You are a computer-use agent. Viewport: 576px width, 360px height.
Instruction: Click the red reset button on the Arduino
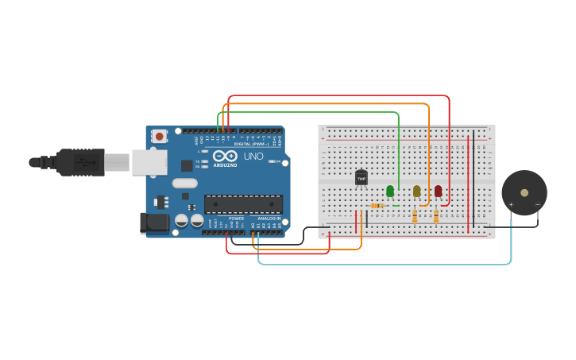coord(160,136)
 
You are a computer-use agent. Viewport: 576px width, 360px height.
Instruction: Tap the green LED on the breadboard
coord(389,191)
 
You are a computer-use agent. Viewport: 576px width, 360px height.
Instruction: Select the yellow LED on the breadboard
coord(416,191)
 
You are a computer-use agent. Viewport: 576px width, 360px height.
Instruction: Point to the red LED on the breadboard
coord(438,191)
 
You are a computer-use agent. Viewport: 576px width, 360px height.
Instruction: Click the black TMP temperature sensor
coord(361,178)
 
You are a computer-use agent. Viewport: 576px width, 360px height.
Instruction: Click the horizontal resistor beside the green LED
coord(377,205)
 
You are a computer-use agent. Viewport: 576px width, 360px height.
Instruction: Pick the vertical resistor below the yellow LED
coord(415,215)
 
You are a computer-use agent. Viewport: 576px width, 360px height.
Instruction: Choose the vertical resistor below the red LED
coord(436,215)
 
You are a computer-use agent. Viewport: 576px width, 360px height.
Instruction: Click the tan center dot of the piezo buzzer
coord(524,192)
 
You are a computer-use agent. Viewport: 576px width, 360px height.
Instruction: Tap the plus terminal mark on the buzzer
coord(511,205)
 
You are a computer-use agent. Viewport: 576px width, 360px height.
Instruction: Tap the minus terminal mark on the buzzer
coord(537,205)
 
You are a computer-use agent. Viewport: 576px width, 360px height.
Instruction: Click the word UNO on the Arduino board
coord(253,157)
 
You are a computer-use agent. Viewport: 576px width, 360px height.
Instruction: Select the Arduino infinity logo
coord(225,156)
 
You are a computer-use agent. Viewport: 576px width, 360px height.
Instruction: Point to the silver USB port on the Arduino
coord(149,162)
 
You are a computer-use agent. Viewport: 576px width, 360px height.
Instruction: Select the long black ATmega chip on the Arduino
coord(243,204)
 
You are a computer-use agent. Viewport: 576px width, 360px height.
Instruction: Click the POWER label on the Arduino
coord(236,219)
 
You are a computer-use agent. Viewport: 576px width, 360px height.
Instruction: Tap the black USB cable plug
coord(79,162)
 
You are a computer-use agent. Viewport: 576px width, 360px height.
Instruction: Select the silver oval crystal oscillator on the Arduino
coord(184,183)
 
